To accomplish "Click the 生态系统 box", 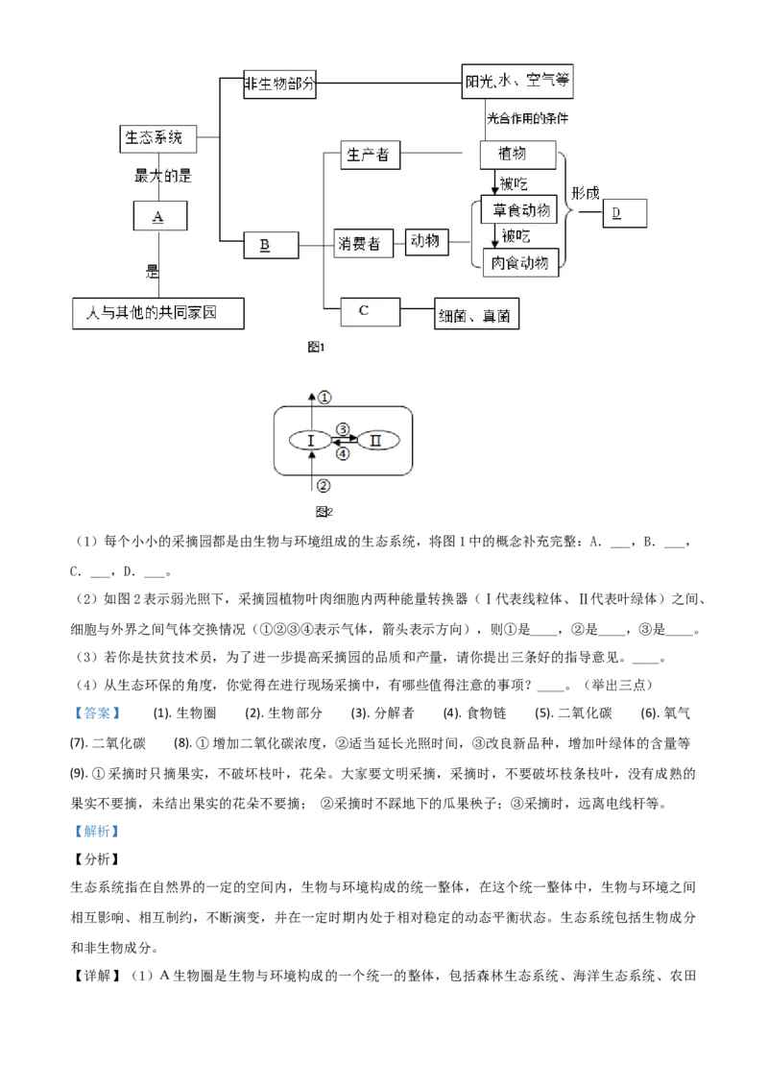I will [157, 138].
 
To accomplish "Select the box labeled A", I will [159, 216].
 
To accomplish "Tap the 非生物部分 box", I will [280, 83].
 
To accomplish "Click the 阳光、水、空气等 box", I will [518, 83].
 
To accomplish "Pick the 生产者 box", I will [370, 155].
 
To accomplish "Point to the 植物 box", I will [517, 155].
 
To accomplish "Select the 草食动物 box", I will [518, 210].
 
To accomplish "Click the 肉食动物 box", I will [518, 261].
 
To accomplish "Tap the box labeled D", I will [625, 213].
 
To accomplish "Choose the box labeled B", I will [271, 245].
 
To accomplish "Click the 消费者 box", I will [359, 244].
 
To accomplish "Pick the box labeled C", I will [370, 310].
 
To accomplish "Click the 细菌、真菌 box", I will [476, 315].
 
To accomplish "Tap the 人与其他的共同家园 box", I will [158, 313].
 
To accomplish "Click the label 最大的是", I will [163, 176].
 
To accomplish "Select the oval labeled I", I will [310, 440].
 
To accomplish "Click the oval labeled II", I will [376, 440].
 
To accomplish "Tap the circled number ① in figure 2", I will [324, 397].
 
